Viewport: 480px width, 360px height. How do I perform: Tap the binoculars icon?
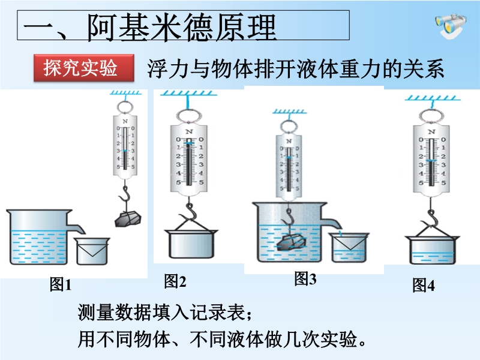click(x=449, y=27)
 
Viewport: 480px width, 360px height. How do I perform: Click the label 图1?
click(x=60, y=285)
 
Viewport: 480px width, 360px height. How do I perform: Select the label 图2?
click(x=175, y=280)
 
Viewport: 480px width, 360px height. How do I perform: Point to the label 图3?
click(x=305, y=278)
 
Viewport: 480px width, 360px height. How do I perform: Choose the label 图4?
click(x=423, y=286)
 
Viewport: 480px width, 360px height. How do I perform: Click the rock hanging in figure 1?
click(x=127, y=218)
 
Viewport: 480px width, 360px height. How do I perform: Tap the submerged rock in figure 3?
click(x=292, y=243)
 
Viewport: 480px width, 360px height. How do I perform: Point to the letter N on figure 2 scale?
click(x=189, y=131)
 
